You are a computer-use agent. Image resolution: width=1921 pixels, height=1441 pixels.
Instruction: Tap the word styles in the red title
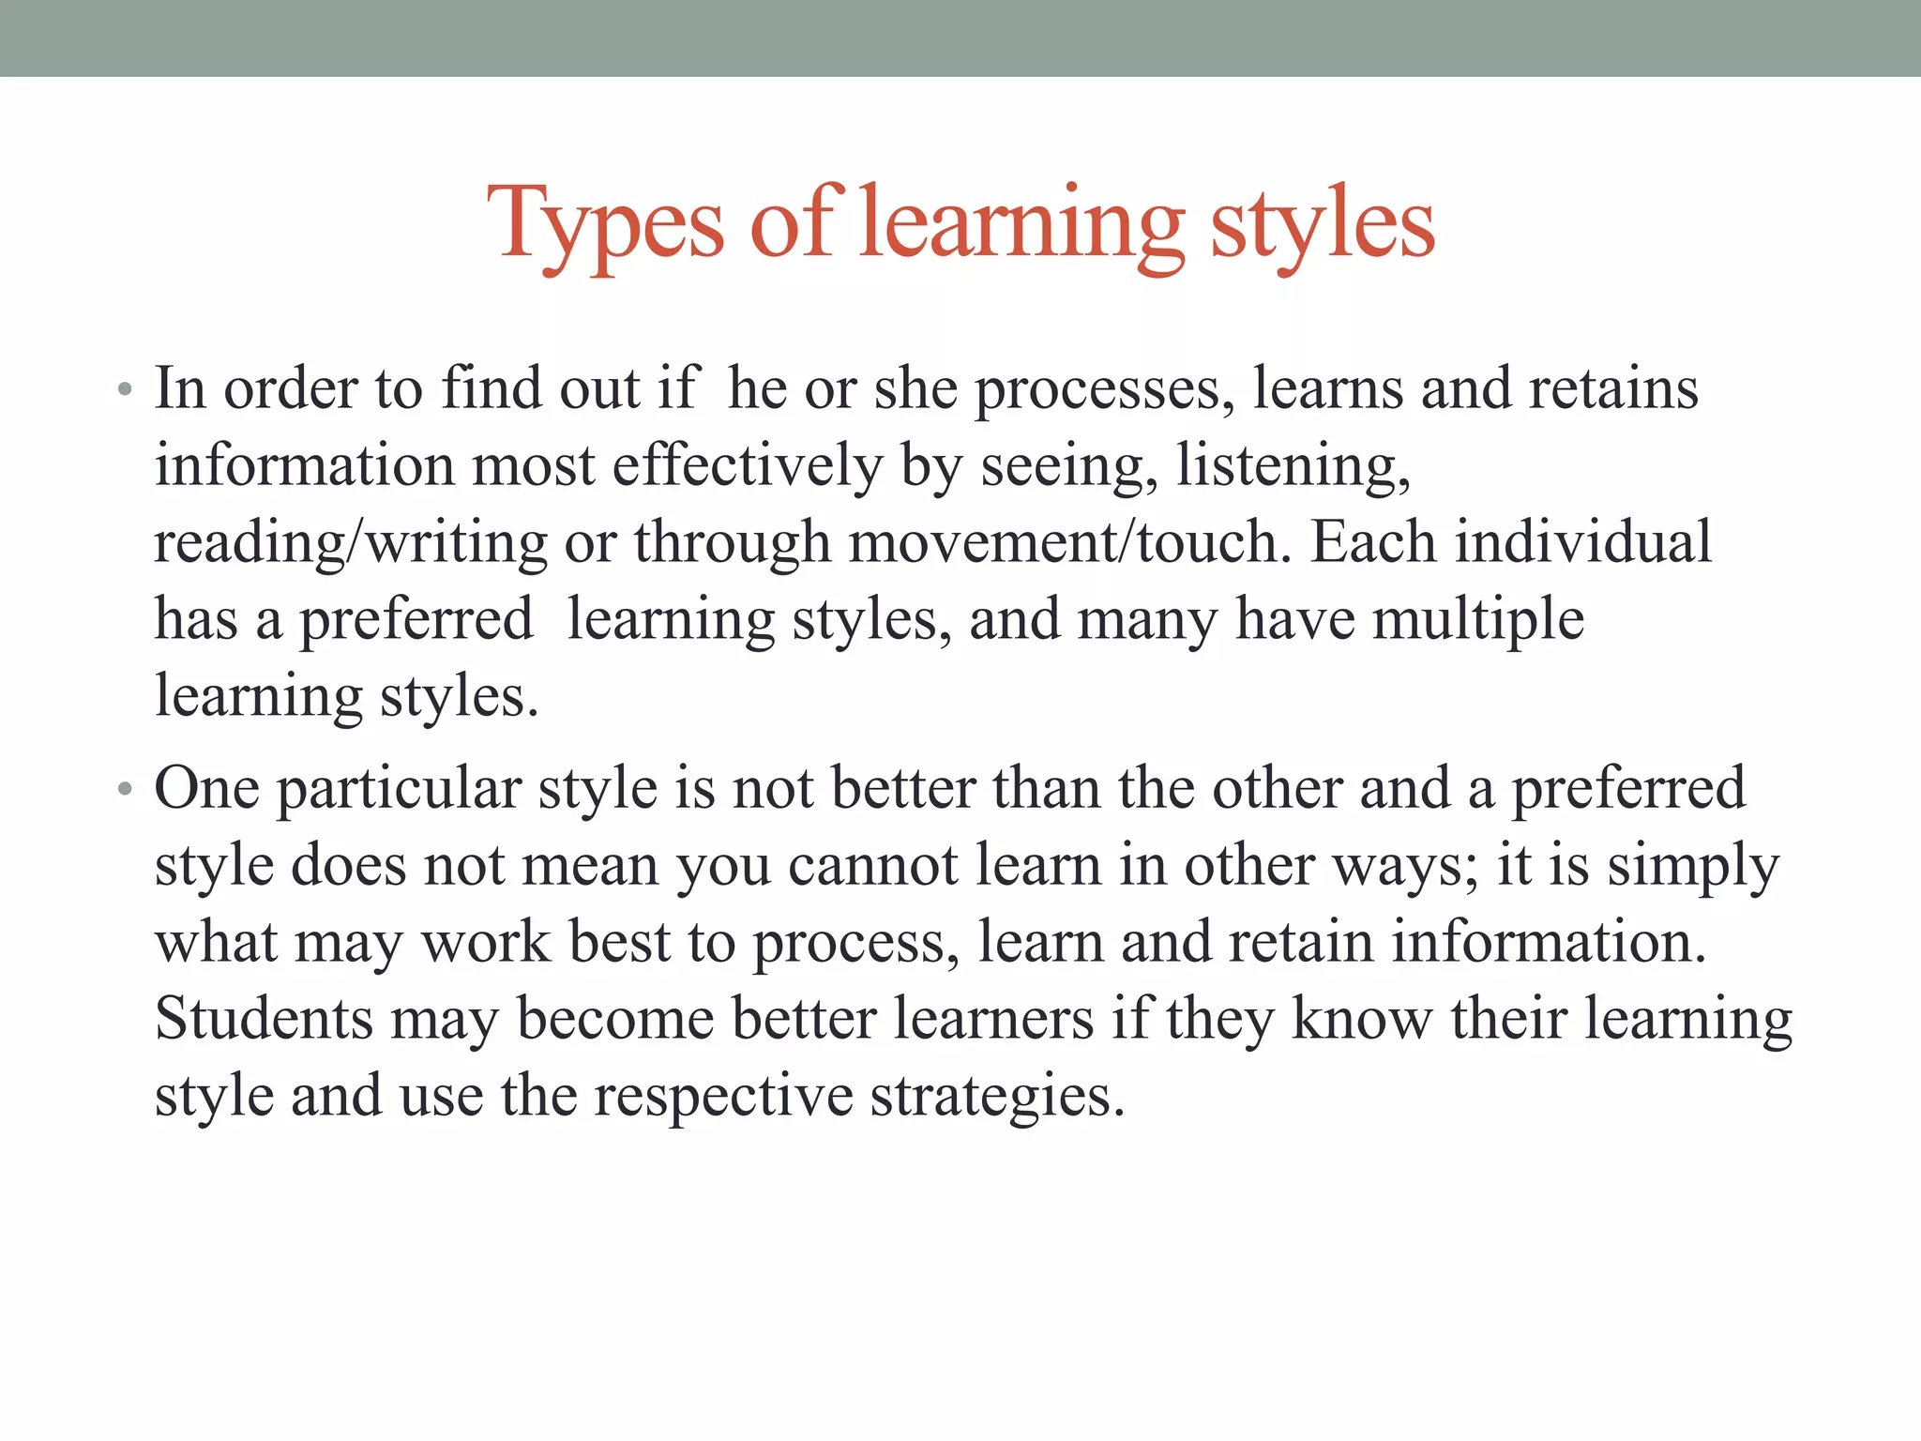click(1323, 225)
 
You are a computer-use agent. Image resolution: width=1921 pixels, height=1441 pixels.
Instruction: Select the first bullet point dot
click(125, 389)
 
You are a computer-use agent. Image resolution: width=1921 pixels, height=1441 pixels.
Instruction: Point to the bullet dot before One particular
click(125, 789)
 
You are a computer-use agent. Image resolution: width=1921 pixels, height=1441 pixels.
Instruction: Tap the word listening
click(1293, 466)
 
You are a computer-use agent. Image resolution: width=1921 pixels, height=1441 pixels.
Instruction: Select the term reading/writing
click(350, 543)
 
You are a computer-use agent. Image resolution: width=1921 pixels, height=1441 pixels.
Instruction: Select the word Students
click(264, 1020)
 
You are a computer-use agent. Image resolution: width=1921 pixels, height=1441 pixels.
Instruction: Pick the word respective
click(723, 1097)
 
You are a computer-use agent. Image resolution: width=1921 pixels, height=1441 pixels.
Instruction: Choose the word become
click(615, 1020)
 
